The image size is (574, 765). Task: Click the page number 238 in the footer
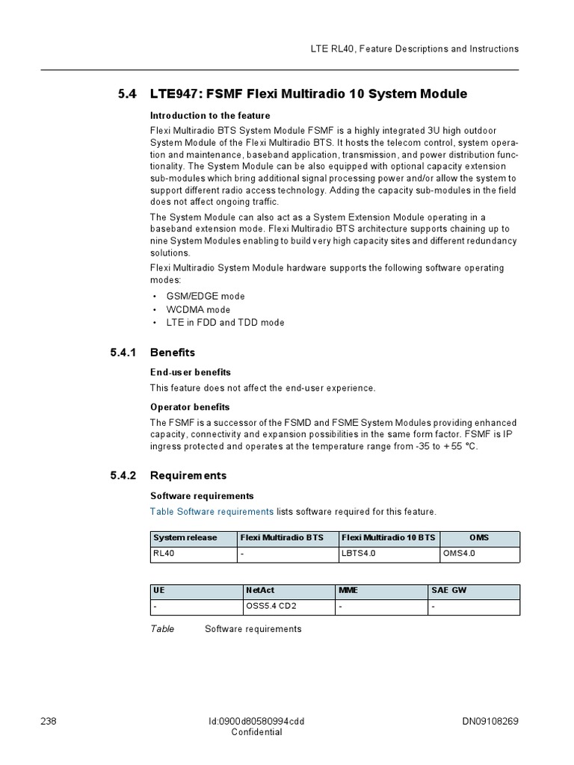[x=48, y=721]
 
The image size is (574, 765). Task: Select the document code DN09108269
[x=490, y=721]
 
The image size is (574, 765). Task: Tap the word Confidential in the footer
[x=256, y=732]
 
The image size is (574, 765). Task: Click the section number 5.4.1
[x=124, y=352]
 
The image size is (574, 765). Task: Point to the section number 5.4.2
[x=124, y=475]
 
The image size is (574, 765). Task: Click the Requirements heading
[x=188, y=475]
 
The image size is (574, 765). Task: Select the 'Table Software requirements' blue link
[x=212, y=511]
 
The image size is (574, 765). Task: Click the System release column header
[x=185, y=538]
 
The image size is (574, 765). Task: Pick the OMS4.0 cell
[x=459, y=554]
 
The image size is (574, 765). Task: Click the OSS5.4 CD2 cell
[x=271, y=606]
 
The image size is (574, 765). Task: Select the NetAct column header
[x=260, y=590]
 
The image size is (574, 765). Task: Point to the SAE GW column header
[x=449, y=590]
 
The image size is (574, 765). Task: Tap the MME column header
[x=348, y=590]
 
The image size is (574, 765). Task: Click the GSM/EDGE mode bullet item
[x=205, y=296]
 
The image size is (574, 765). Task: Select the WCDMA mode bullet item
[x=198, y=309]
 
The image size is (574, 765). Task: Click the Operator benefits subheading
[x=190, y=407]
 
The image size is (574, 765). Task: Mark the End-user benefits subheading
[x=191, y=372]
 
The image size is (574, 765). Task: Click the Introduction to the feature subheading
[x=210, y=116]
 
